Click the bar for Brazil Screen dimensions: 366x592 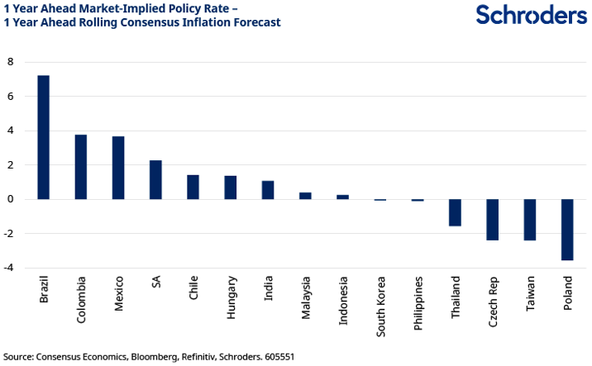(x=44, y=137)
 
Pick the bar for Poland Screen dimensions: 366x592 (x=567, y=230)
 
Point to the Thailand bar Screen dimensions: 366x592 (x=455, y=212)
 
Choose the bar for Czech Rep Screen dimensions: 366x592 (x=493, y=220)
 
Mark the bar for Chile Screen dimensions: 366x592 (x=193, y=187)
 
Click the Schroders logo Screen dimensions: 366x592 (x=531, y=15)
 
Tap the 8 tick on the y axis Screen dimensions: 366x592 (x=12, y=62)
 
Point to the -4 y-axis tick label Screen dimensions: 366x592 (x=10, y=268)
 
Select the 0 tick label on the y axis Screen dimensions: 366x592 (x=12, y=199)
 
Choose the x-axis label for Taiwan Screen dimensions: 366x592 (x=530, y=293)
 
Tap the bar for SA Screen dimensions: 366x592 (x=155, y=179)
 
